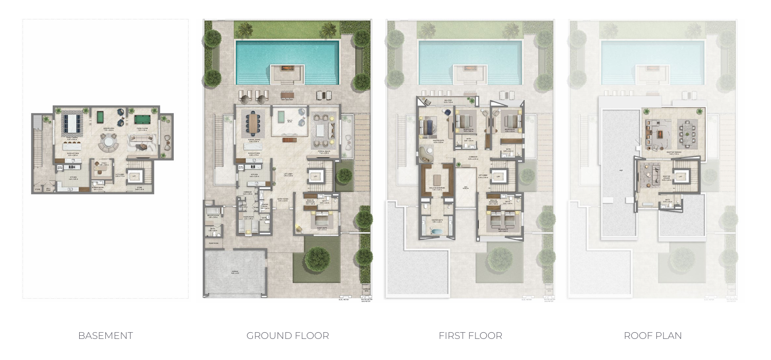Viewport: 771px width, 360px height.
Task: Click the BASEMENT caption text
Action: point(105,336)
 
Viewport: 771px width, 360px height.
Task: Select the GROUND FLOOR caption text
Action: point(287,336)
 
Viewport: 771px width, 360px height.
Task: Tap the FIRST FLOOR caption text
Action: point(470,336)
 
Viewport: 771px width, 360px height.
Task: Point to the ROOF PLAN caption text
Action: point(653,336)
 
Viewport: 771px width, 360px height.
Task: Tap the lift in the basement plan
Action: point(133,176)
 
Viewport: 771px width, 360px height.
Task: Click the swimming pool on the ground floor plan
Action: point(287,62)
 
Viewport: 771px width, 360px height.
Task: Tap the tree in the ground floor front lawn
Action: point(317,260)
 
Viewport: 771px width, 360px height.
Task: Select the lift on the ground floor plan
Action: point(315,176)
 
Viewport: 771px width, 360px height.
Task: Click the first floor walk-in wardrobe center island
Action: point(436,180)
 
